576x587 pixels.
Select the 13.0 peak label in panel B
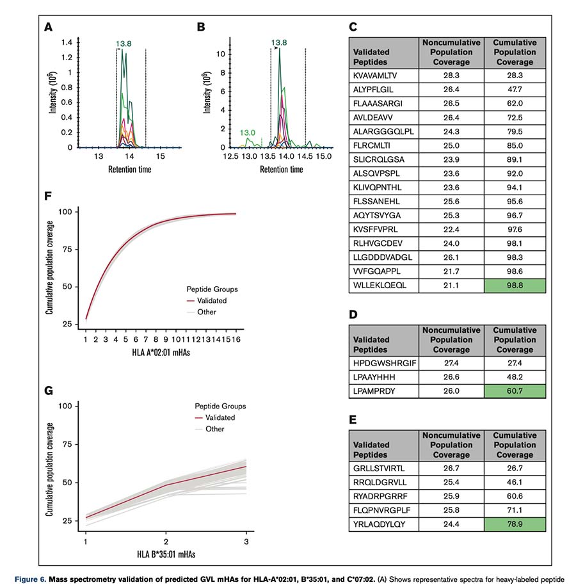pos(247,133)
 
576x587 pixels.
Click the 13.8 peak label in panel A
pos(125,44)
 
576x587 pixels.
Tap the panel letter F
pos(47,193)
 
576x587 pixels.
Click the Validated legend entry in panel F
pos(212,300)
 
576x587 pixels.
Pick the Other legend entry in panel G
pos(215,429)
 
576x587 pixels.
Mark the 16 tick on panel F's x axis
pos(236,338)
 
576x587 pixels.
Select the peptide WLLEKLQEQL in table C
pos(377,283)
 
